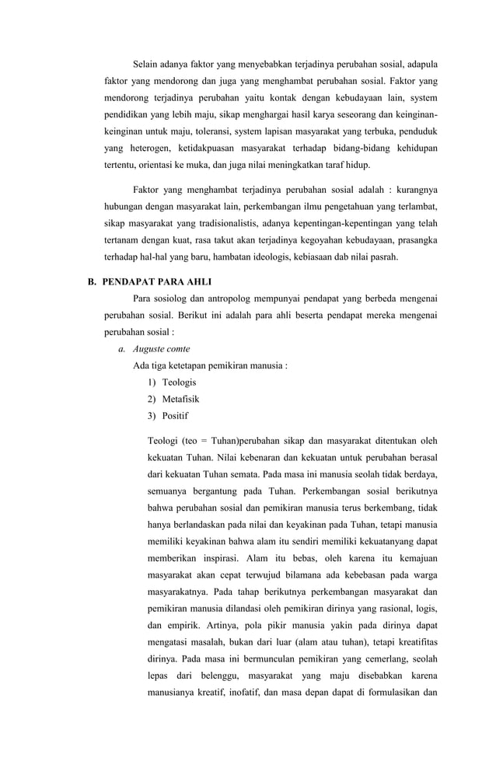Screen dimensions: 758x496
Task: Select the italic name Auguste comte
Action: (x=161, y=348)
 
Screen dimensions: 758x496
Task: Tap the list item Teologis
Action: (x=179, y=382)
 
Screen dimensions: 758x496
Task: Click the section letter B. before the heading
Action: (x=92, y=281)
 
